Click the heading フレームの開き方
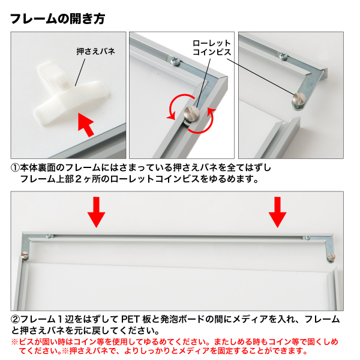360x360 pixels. (58, 19)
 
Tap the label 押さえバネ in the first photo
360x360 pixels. (95, 51)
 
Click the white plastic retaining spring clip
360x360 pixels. (71, 93)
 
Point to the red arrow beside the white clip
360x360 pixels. (86, 124)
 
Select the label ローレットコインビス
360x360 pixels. (212, 47)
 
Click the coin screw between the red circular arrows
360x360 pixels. (192, 113)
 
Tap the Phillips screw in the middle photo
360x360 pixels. (175, 61)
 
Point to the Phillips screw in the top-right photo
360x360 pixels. (283, 56)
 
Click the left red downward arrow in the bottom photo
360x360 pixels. (96, 212)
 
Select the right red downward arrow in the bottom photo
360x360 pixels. (277, 212)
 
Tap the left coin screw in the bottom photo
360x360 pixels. (24, 255)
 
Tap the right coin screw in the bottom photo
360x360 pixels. (331, 257)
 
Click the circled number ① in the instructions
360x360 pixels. (15, 168)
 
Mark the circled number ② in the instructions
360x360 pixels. (15, 319)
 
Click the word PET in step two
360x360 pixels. (130, 319)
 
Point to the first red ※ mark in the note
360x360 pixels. (14, 342)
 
